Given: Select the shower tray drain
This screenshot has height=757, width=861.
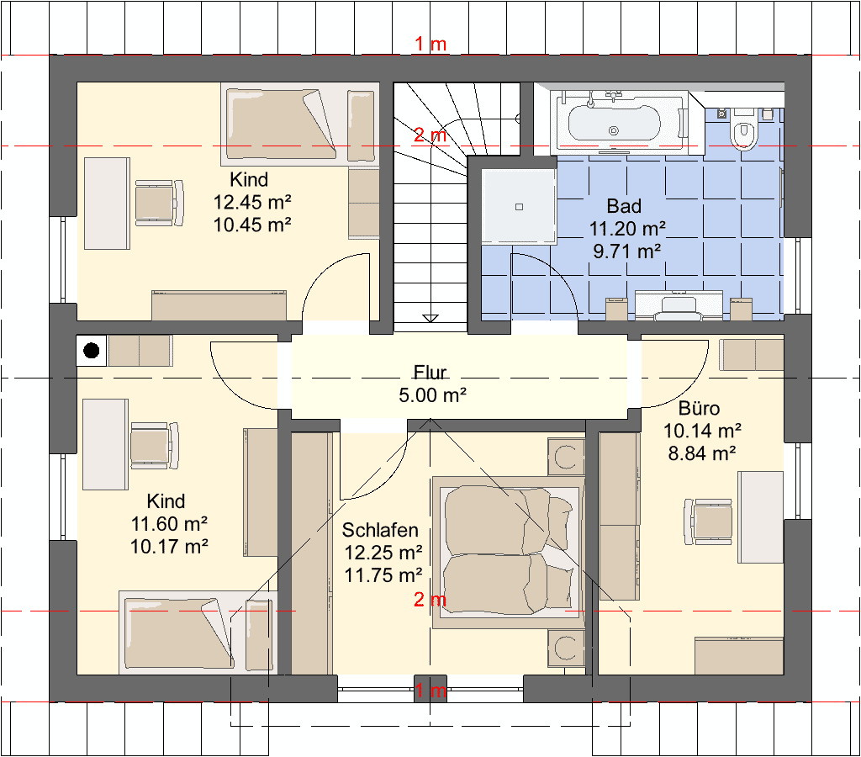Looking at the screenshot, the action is coord(519,207).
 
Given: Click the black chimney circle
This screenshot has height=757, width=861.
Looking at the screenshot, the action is coord(91,350).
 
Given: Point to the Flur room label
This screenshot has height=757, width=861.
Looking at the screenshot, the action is coord(430,373).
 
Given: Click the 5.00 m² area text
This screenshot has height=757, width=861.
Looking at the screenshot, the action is coord(433,395).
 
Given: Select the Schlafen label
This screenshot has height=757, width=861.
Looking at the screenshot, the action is coord(380,530).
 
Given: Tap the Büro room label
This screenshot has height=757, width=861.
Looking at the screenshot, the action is coord(699,408).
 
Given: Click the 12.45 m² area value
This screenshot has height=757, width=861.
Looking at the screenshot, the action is coord(252,202).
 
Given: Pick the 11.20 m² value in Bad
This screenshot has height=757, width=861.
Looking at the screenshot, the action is coord(627,229).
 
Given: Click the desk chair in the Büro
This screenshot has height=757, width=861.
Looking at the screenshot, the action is coord(708,521).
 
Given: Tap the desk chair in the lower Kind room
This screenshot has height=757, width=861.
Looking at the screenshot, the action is coord(155,446).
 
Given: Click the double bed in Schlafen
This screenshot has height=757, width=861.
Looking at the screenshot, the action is coord(509,553).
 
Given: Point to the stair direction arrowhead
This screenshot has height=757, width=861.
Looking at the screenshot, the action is coord(430,319).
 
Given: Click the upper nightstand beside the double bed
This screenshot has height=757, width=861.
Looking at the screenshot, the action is coord(566,456).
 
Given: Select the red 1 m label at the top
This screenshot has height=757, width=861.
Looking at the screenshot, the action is coord(430,44).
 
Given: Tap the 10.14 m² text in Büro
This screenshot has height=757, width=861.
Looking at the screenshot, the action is coord(702,431).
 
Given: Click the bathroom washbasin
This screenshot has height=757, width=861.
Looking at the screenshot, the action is coord(679,304).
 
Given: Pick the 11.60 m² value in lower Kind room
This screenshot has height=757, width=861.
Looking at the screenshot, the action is coord(169,524).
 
